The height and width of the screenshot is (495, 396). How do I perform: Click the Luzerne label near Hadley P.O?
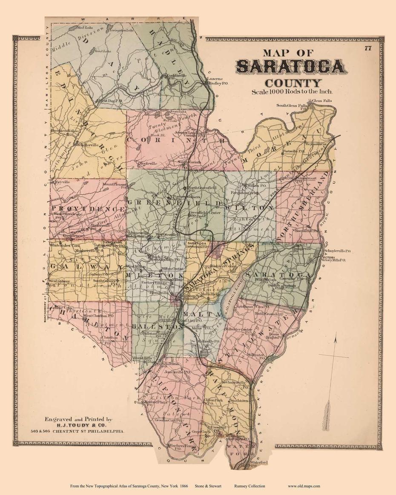pos(212,79)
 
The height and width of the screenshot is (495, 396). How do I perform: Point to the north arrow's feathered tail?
pos(327,415)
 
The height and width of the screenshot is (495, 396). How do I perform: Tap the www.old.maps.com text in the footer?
pos(304,486)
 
